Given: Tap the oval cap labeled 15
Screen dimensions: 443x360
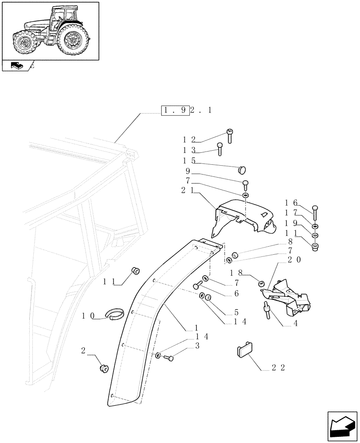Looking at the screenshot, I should pos(242,169).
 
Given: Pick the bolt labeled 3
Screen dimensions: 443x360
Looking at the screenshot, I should pos(169,357).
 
